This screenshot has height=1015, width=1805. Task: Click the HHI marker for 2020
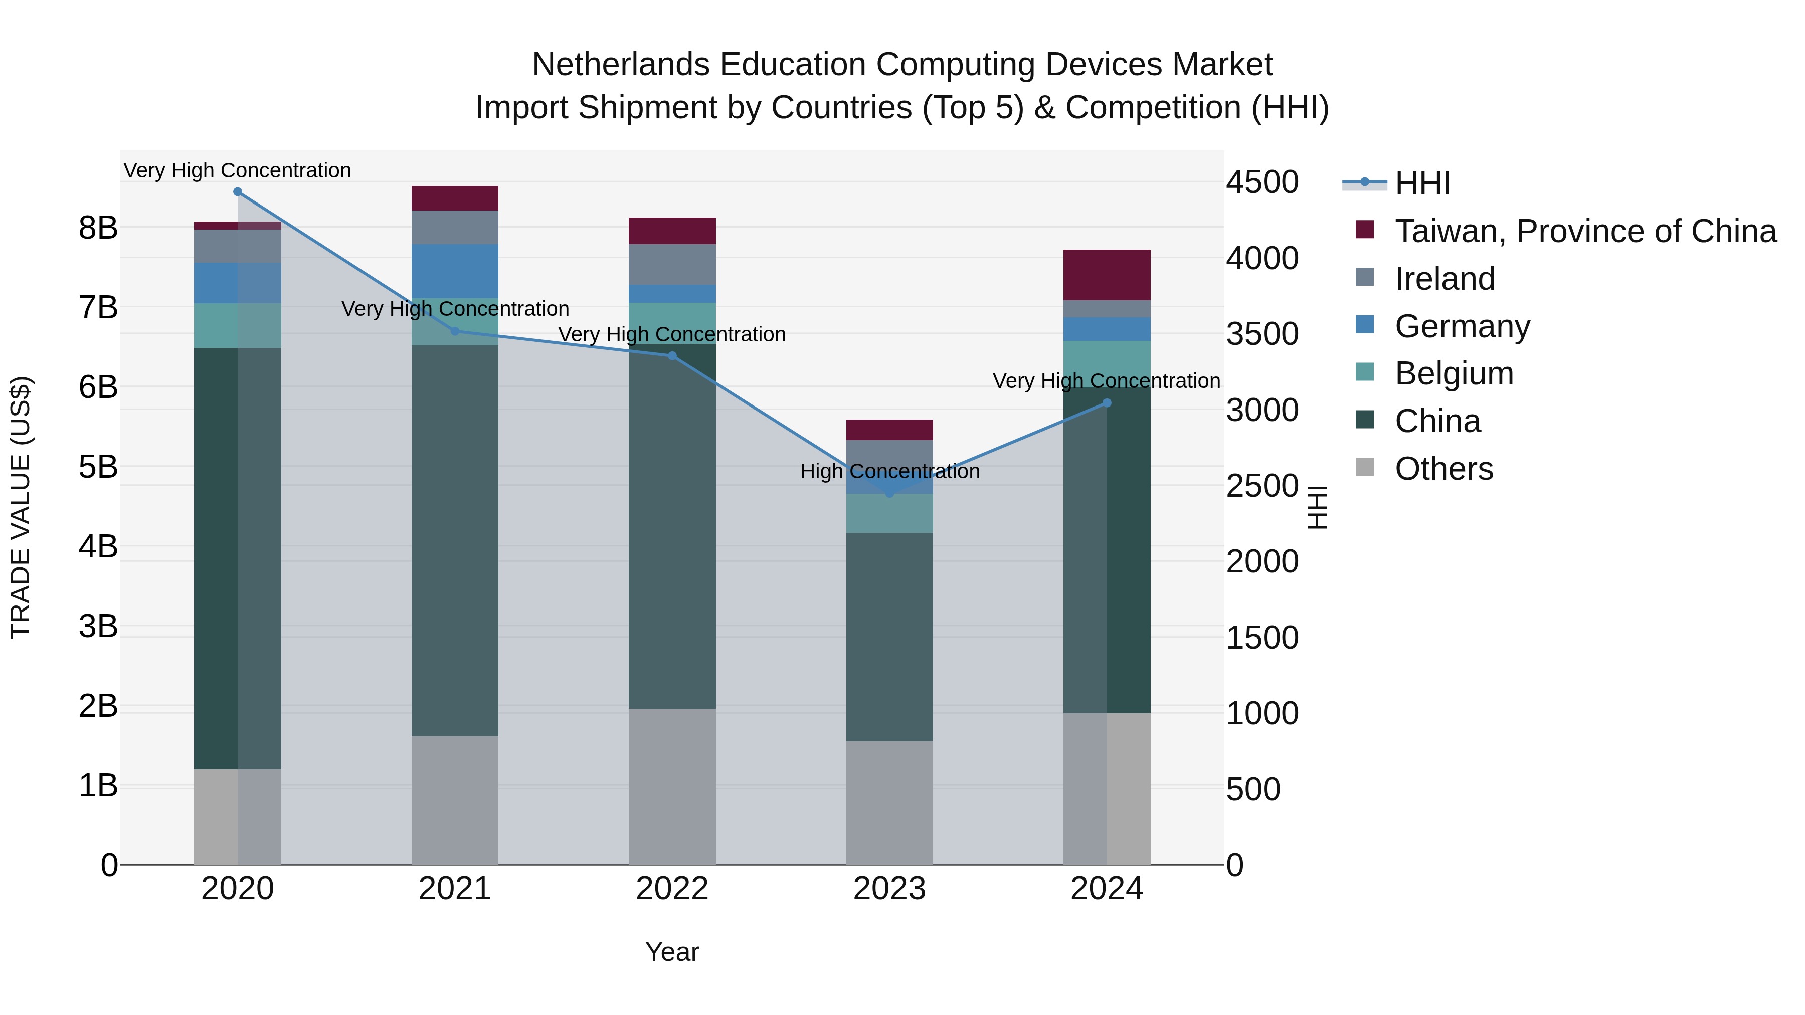(238, 192)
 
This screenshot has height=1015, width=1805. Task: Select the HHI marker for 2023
(890, 494)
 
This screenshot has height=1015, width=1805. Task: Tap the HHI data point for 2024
(1107, 403)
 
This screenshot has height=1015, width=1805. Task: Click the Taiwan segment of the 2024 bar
(1107, 275)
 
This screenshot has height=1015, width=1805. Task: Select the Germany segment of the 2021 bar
(455, 271)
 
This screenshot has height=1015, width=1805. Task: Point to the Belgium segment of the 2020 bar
(238, 326)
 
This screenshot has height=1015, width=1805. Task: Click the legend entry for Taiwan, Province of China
(1585, 231)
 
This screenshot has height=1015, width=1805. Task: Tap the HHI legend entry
(1422, 183)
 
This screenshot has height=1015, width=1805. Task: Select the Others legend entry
(1443, 469)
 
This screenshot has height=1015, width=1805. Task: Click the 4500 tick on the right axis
(1262, 182)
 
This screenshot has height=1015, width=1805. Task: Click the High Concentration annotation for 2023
(890, 472)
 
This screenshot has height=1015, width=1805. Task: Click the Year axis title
(672, 952)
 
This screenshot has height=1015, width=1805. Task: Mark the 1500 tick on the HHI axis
(1262, 638)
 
